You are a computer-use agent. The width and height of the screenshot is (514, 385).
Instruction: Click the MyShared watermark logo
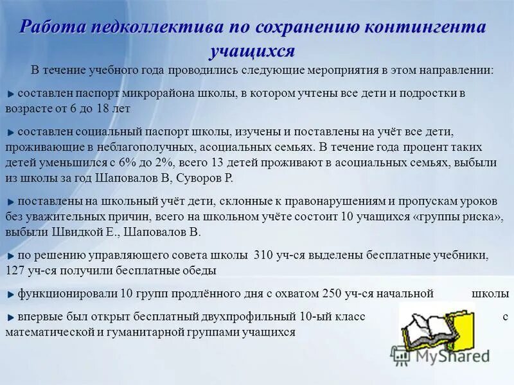(x=441, y=354)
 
